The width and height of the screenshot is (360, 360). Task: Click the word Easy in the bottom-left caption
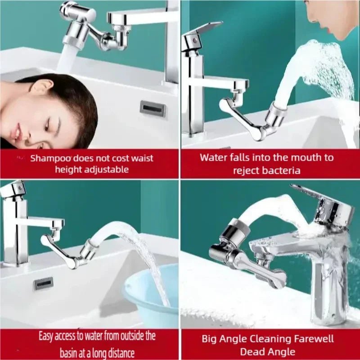(47, 336)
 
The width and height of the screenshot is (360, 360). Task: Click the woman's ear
(44, 87)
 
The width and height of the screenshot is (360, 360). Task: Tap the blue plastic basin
(153, 292)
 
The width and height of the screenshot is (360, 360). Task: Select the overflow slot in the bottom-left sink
(44, 283)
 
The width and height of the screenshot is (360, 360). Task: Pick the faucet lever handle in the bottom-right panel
(315, 193)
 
